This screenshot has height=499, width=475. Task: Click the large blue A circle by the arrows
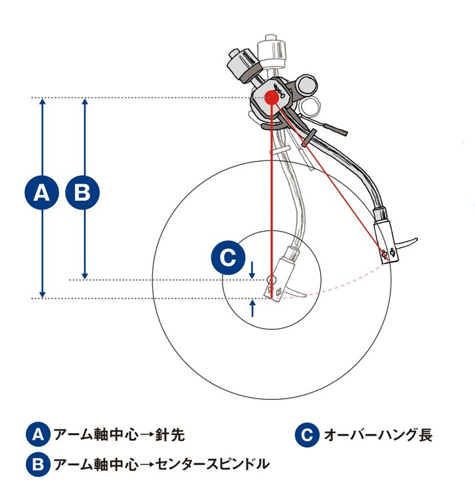[42, 192]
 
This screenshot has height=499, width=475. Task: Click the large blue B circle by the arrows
[82, 192]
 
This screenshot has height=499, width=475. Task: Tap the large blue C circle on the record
[228, 259]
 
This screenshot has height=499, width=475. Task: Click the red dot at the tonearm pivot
[271, 98]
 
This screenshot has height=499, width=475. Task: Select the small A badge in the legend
[38, 434]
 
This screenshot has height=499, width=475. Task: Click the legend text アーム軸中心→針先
[118, 435]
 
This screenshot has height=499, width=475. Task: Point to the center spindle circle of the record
[271, 279]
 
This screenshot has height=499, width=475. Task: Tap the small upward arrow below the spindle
[252, 307]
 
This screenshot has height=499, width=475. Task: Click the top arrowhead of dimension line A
[42, 102]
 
